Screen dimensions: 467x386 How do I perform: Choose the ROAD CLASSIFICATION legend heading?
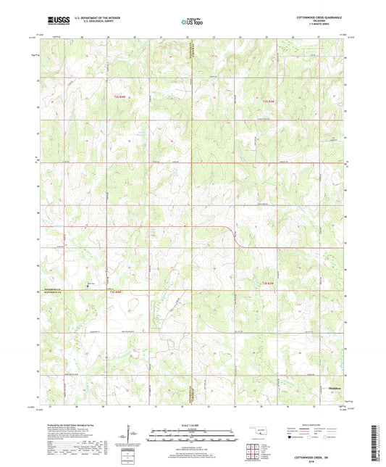[312, 424]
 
